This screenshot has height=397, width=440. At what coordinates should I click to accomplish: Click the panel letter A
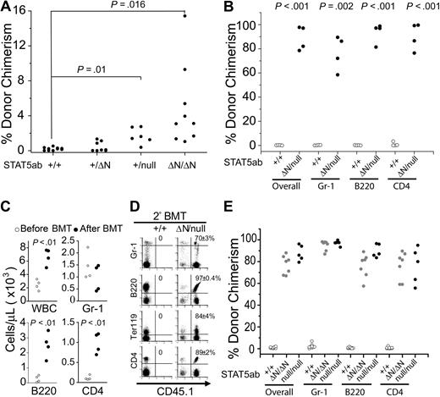pos(7,8)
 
